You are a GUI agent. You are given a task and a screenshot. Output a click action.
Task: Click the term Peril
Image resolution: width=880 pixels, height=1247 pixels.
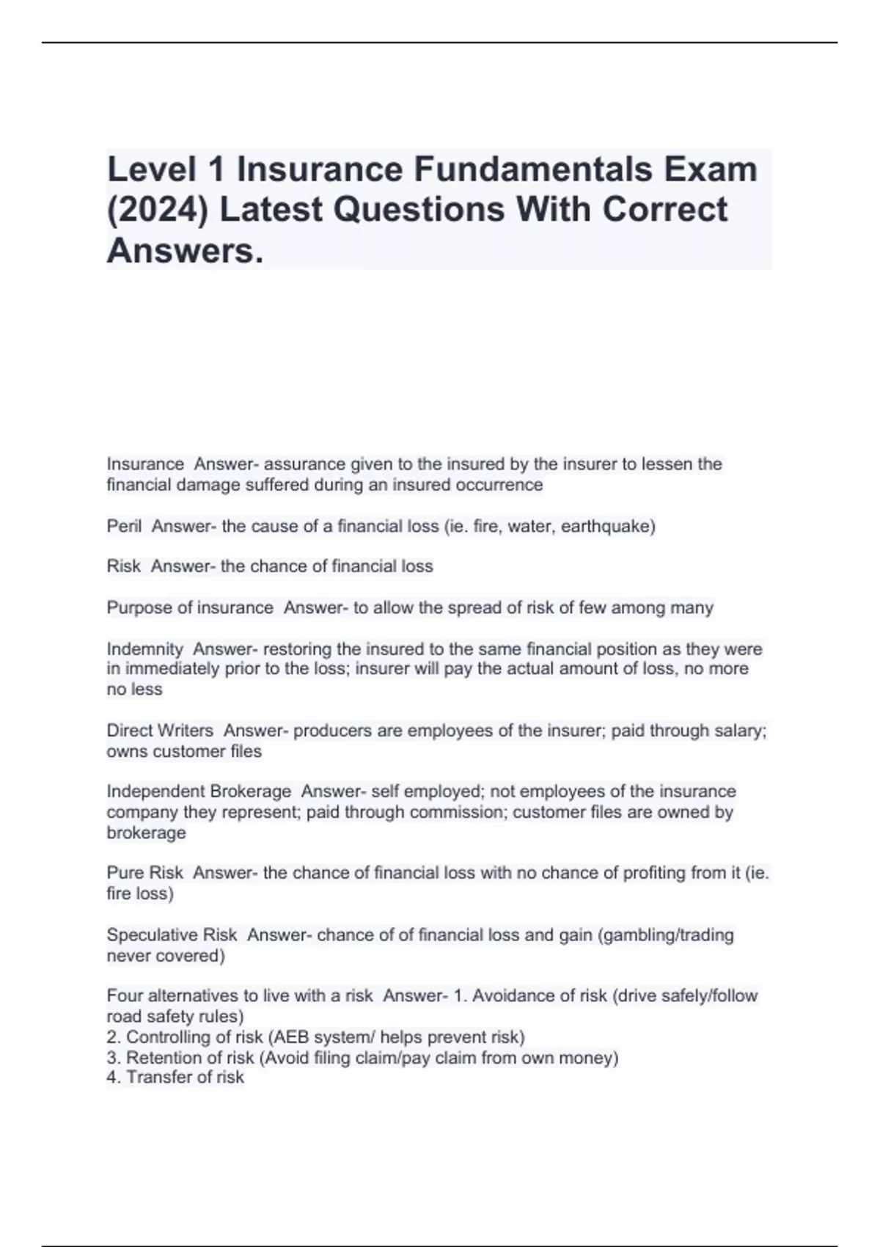[124, 526]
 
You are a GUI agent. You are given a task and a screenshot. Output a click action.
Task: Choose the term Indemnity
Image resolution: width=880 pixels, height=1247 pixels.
[144, 649]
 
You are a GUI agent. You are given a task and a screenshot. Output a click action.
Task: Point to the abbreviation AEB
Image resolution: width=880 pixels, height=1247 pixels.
[292, 1037]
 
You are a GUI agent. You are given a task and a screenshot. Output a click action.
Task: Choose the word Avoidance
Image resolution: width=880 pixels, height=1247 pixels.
[513, 996]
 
